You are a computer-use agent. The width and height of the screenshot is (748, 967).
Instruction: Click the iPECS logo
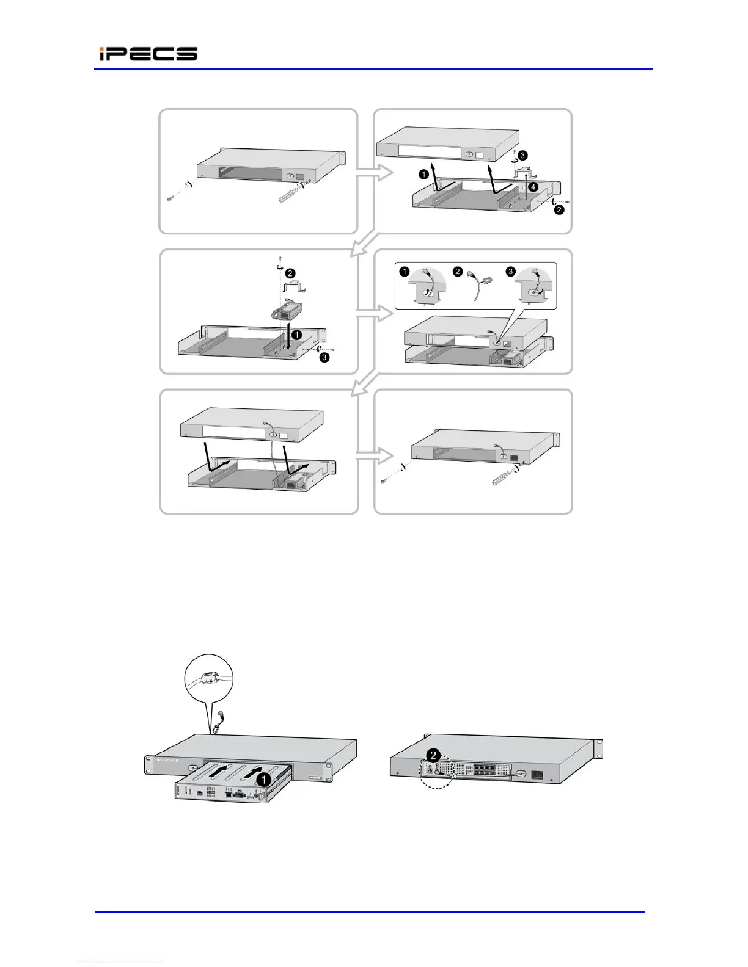pyautogui.click(x=148, y=54)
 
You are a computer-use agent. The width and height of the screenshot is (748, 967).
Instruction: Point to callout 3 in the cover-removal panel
pyautogui.click(x=522, y=156)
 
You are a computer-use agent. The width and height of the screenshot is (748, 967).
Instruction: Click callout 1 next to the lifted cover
pyautogui.click(x=423, y=174)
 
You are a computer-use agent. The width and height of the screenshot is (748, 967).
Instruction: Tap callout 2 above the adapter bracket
pyautogui.click(x=291, y=273)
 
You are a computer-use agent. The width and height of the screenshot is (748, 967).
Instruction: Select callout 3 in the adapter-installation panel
pyautogui.click(x=324, y=358)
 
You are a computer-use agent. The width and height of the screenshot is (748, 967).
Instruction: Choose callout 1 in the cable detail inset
pyautogui.click(x=405, y=272)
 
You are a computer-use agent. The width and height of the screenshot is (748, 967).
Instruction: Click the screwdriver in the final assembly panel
pyautogui.click(x=503, y=477)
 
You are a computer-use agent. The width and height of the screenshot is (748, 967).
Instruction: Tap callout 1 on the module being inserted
pyautogui.click(x=263, y=779)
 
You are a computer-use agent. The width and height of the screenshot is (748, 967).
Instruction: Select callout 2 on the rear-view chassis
pyautogui.click(x=433, y=755)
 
